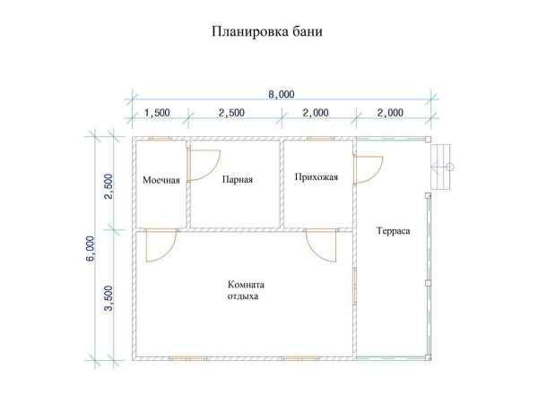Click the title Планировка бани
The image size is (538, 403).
click(266, 32)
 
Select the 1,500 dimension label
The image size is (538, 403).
click(157, 113)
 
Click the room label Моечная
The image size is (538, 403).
click(161, 180)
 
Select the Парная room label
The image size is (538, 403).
click(238, 179)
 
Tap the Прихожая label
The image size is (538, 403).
click(316, 177)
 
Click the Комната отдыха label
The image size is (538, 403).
click(246, 290)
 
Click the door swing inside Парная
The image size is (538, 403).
click(202, 165)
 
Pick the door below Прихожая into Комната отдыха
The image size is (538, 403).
click(320, 244)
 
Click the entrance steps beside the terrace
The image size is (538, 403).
click(440, 167)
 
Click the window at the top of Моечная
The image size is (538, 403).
click(161, 139)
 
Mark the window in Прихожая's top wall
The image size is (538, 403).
click(319, 139)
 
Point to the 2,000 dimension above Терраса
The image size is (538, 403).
click(391, 113)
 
